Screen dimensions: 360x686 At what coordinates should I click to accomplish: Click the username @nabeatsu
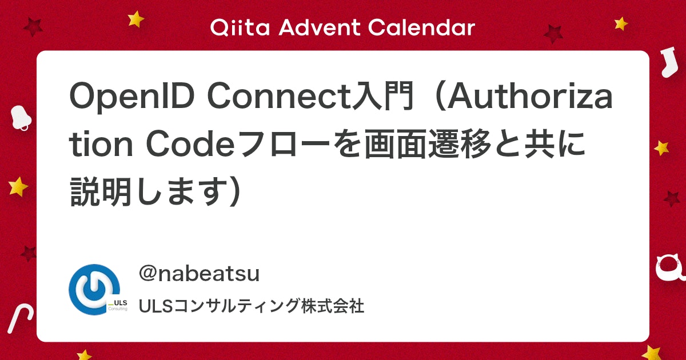(199, 274)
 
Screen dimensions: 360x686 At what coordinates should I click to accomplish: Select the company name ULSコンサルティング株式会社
(252, 306)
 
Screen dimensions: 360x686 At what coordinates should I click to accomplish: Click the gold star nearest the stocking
(621, 23)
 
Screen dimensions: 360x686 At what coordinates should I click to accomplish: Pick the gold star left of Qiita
(136, 19)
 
